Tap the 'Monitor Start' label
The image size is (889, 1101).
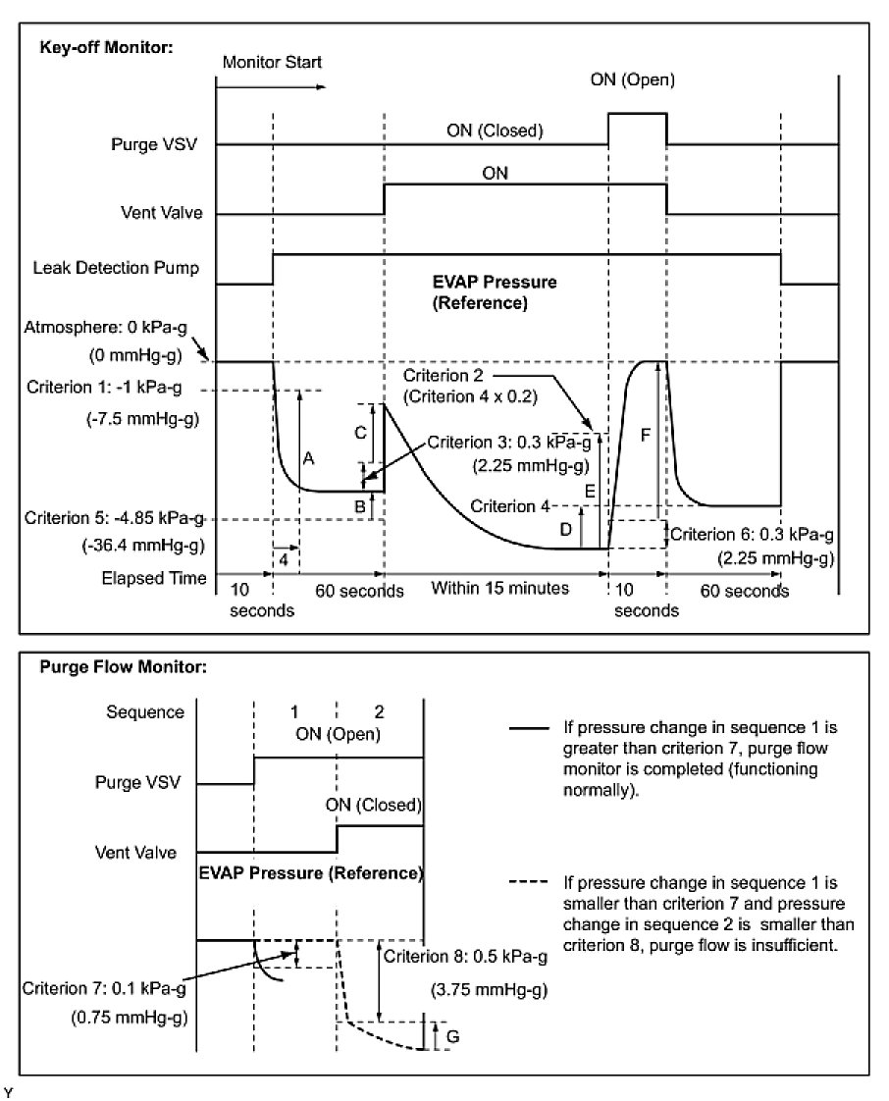click(272, 62)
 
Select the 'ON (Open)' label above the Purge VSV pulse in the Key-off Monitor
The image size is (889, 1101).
click(632, 79)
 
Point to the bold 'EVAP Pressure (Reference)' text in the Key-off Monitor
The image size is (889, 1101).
click(495, 292)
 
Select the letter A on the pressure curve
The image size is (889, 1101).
click(309, 458)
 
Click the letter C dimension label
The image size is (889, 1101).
click(359, 432)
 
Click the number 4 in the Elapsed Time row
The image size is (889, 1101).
click(284, 559)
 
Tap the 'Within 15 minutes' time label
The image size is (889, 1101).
click(500, 588)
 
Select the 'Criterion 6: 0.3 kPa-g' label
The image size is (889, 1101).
click(753, 534)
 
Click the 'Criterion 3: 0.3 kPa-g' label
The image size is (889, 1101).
click(505, 443)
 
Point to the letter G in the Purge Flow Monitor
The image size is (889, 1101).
click(450, 1034)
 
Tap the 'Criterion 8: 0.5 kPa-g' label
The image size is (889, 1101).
click(465, 956)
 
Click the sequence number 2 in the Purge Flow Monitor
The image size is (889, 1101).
click(379, 710)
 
